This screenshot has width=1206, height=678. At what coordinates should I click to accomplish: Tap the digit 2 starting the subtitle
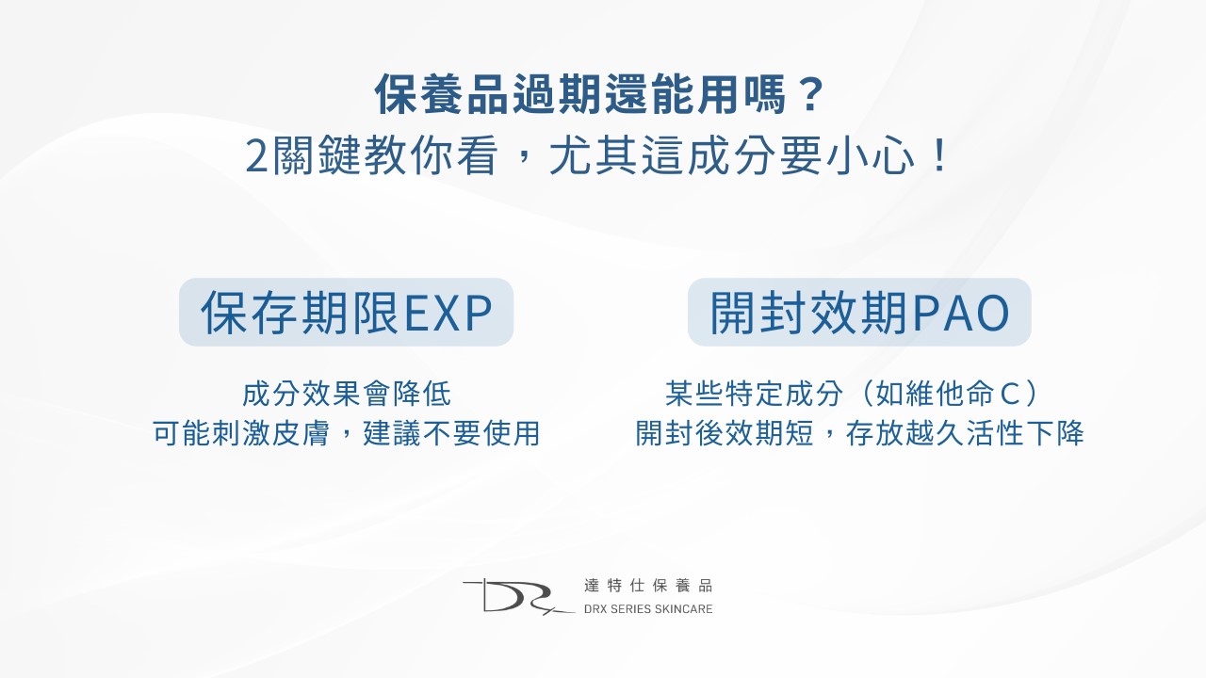tap(256, 157)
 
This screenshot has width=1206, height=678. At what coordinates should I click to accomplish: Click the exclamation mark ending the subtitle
tap(937, 157)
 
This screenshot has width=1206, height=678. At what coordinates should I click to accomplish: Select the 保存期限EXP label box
tap(346, 312)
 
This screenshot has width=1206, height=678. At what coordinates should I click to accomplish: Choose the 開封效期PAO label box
tap(859, 312)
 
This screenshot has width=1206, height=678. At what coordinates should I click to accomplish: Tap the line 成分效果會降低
tap(346, 393)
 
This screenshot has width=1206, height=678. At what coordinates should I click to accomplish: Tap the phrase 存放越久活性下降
tap(963, 433)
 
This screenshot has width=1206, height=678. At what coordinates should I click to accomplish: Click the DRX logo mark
tap(513, 596)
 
